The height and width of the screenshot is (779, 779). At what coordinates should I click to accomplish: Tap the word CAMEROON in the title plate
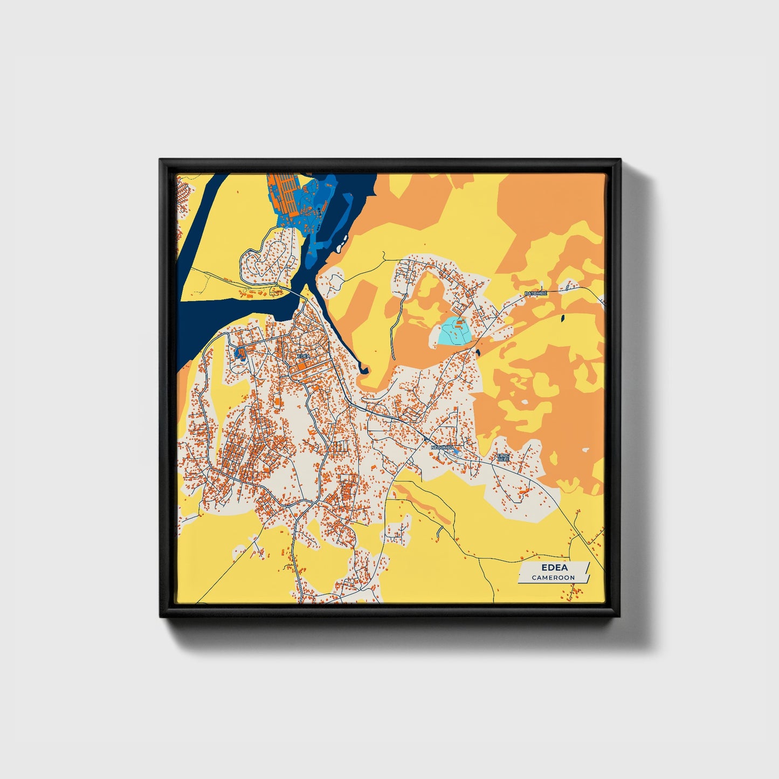553,577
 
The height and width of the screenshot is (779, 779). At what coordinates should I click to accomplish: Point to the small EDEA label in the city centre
304,356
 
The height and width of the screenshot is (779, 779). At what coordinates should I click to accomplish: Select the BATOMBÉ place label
536,293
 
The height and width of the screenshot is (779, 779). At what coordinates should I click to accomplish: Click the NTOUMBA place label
443,447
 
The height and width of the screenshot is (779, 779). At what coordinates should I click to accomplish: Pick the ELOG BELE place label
502,457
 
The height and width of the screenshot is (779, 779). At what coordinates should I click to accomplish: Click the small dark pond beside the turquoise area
478,353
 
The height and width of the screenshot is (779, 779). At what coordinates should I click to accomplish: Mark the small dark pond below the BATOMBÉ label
562,318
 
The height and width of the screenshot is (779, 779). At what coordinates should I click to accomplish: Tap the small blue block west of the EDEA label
240,353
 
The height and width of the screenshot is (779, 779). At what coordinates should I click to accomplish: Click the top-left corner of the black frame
161,160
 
